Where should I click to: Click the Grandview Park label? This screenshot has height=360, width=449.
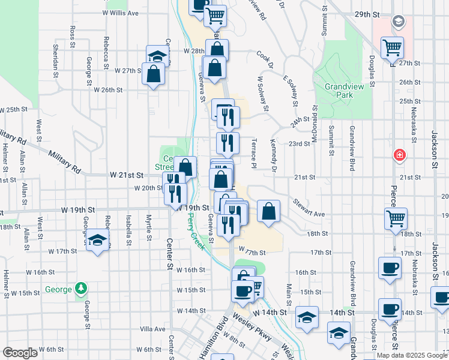point(339,91)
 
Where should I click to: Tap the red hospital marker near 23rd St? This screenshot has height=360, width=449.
point(399,156)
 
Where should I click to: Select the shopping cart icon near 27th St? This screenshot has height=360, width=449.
point(392,46)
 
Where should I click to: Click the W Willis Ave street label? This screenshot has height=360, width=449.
point(120,13)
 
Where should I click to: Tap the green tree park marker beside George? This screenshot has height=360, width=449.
point(81,289)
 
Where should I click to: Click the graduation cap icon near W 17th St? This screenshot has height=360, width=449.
point(96,242)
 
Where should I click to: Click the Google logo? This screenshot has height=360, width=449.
point(20,352)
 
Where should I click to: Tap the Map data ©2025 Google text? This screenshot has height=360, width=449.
point(412,355)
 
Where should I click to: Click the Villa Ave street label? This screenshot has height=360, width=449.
point(152,329)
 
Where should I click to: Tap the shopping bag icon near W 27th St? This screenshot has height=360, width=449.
point(154,73)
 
